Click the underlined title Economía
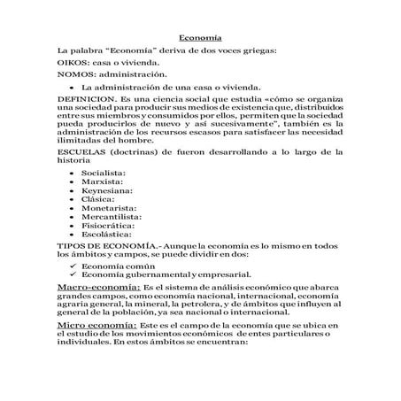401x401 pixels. (199, 38)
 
